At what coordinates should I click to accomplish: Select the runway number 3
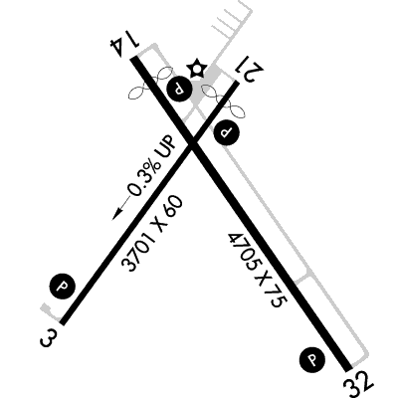47,338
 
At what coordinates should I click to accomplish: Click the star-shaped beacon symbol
197,69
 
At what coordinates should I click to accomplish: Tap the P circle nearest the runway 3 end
63,287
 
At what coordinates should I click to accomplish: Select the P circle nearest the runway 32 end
311,359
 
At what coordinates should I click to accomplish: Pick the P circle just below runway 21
227,132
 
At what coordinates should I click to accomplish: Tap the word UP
166,146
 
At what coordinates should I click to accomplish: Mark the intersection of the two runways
192,143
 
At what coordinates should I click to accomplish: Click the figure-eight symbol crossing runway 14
150,83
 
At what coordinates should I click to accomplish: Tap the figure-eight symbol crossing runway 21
223,100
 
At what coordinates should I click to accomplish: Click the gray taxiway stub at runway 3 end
49,311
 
